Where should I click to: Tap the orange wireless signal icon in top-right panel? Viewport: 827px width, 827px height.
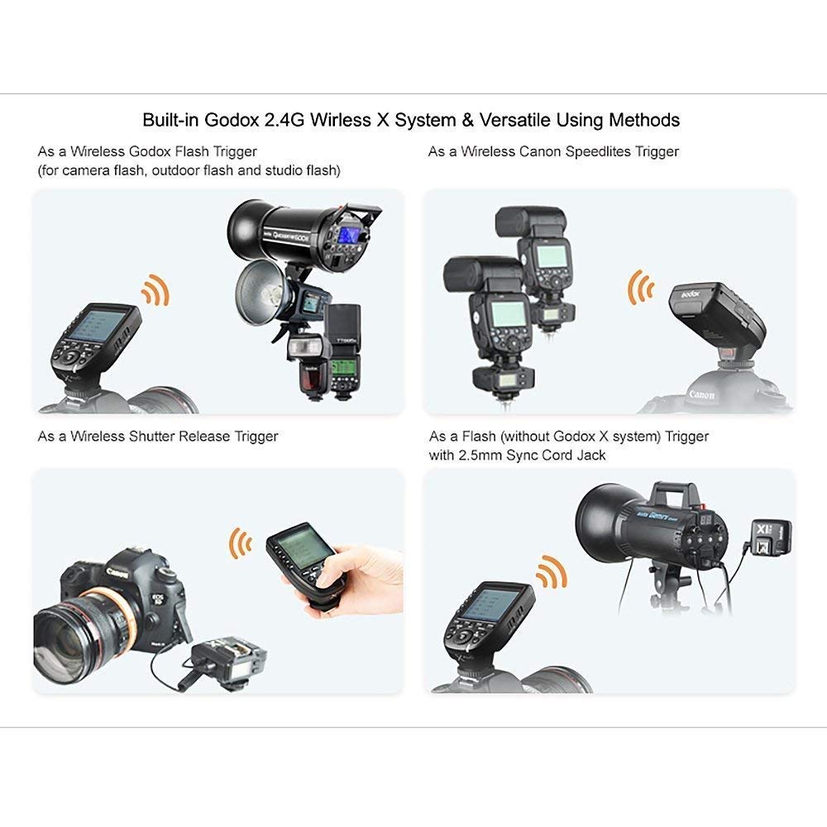(x=638, y=285)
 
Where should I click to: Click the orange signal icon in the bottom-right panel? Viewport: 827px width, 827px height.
(x=551, y=571)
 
